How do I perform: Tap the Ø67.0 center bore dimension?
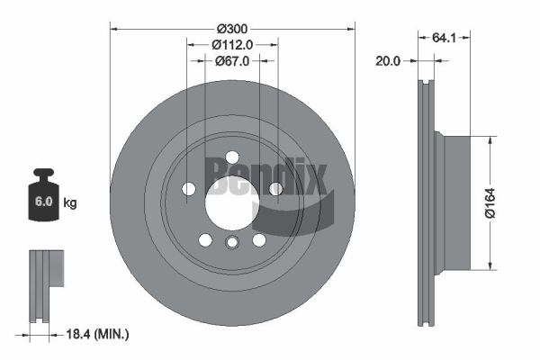232,60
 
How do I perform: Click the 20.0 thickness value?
389,61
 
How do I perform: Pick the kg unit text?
70,203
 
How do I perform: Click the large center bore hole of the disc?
232,202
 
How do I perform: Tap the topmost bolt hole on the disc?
232,157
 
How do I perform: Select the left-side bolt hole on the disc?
189,188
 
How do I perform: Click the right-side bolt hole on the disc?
275,188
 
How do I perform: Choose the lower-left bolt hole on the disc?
205,239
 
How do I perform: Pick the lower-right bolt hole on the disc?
259,239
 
